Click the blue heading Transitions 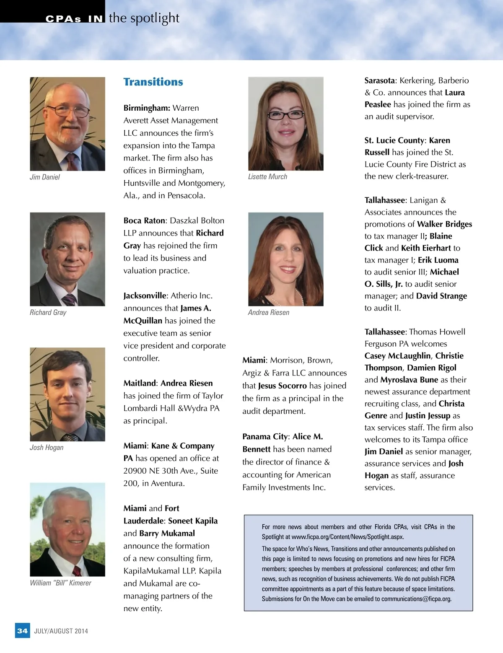153,82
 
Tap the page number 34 22,631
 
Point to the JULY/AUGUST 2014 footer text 61,631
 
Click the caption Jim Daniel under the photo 44,177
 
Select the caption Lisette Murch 267,177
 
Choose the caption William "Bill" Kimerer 60,583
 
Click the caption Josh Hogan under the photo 47,448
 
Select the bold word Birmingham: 147,108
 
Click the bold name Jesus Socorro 283,386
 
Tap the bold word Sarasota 379,80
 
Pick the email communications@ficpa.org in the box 416,599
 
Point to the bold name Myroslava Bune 409,380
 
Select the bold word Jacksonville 145,295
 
